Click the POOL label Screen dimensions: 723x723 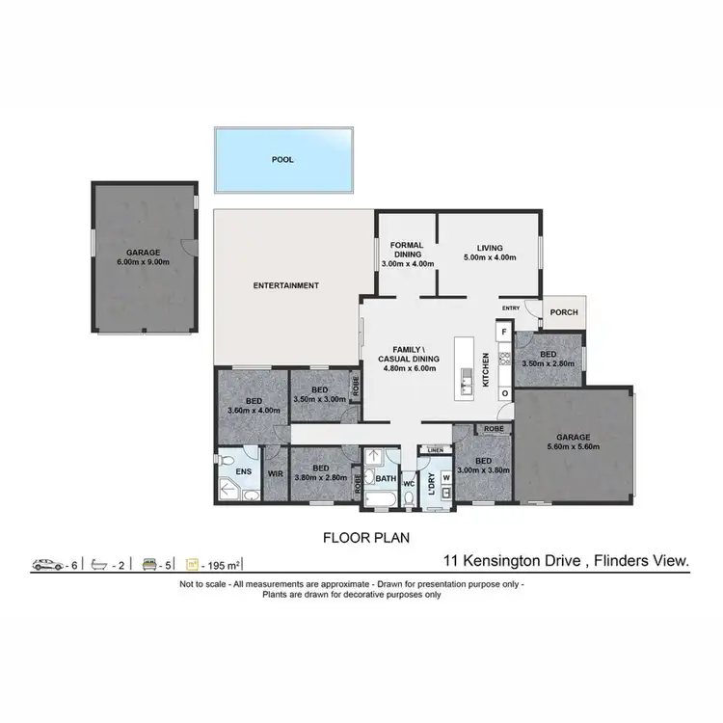point(282,160)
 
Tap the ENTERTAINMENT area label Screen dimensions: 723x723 point(285,285)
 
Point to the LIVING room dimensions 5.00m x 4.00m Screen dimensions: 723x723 point(490,258)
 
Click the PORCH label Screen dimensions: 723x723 point(562,312)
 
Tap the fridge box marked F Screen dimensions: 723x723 point(503,333)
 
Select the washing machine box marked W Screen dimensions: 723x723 point(446,476)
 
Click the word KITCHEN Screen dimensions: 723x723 point(486,368)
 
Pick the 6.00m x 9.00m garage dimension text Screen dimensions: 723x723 point(143,261)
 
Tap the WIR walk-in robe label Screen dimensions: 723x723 point(275,473)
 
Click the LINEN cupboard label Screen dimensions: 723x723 point(435,450)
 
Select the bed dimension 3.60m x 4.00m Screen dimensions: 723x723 point(254,411)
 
